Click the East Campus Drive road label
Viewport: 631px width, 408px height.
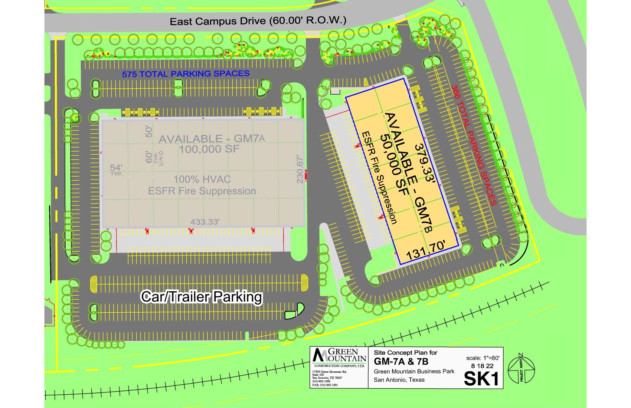pos(258,21)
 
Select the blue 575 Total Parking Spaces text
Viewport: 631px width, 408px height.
pos(186,74)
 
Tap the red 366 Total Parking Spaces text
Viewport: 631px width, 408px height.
pos(474,145)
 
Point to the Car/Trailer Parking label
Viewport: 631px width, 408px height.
pos(202,297)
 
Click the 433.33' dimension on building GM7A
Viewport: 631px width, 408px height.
pos(205,222)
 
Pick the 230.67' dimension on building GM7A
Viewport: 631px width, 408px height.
pos(300,170)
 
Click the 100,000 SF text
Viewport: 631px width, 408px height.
pos(209,149)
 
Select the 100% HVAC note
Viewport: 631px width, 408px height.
pos(202,180)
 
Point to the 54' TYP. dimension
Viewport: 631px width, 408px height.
pos(116,169)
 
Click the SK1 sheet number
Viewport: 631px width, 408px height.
pos(481,379)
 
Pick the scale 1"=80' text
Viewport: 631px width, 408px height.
pos(483,358)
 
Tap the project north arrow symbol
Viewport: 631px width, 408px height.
pos(521,369)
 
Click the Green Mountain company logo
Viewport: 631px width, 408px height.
pos(339,357)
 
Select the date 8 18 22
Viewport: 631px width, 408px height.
pos(482,366)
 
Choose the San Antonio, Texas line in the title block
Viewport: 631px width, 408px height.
pos(399,380)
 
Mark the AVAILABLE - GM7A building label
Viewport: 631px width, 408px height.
pos(212,139)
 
